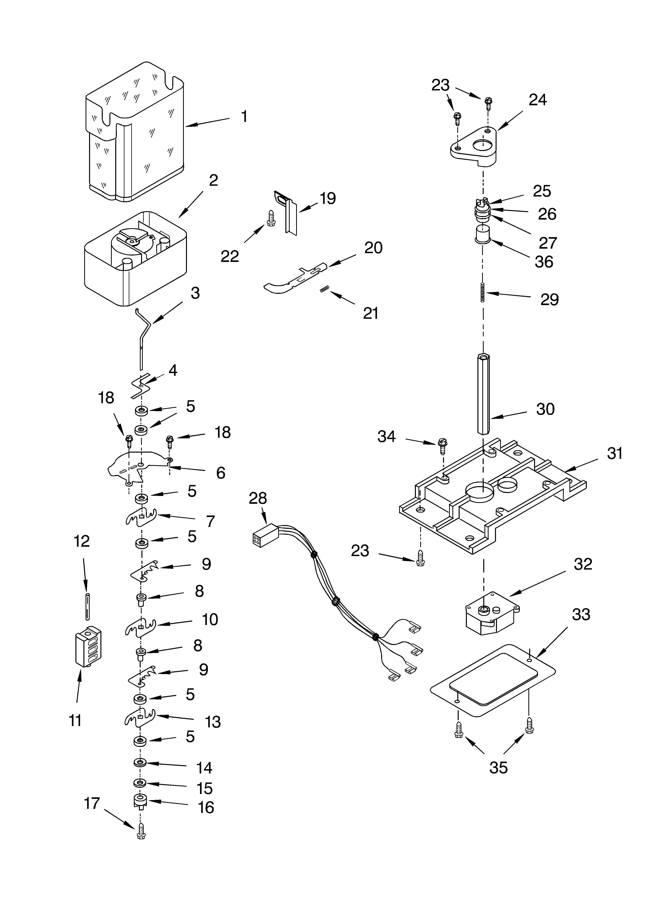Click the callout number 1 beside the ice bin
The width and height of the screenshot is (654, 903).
click(x=244, y=117)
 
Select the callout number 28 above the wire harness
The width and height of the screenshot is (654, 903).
click(x=258, y=498)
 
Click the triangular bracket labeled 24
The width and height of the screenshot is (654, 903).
click(x=474, y=146)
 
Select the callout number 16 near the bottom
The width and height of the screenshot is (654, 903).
click(x=206, y=807)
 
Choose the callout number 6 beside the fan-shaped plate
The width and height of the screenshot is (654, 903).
click(x=220, y=473)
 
